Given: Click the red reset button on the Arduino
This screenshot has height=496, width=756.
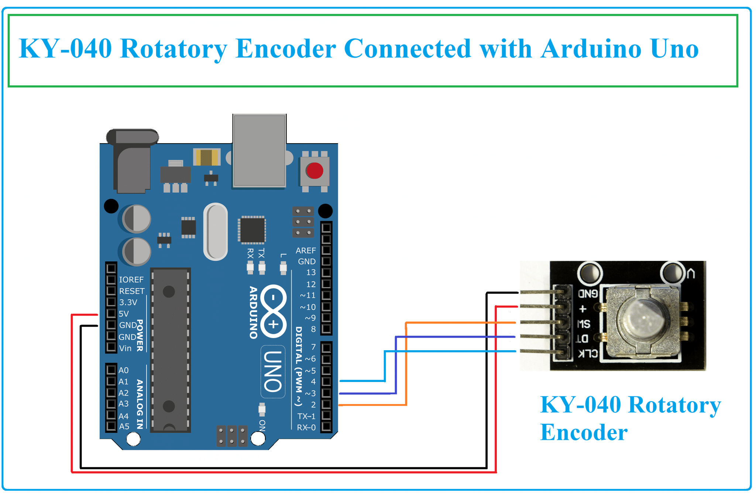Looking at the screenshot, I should [315, 171].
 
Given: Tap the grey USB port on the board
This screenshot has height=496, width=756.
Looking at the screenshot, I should [259, 151].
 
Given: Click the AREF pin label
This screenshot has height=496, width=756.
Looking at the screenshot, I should [306, 251].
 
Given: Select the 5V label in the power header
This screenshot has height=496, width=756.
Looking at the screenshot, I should [124, 314].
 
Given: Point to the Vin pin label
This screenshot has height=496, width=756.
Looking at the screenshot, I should [125, 348].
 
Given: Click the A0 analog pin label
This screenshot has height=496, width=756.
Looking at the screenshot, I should [123, 370].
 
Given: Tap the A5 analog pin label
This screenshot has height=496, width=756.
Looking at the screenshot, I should [124, 427].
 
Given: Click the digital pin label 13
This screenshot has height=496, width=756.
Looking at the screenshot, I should [311, 272].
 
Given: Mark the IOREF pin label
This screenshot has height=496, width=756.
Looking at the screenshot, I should [131, 280].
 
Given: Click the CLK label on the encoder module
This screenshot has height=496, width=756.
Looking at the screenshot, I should [588, 354].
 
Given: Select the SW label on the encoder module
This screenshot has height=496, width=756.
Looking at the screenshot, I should [584, 324].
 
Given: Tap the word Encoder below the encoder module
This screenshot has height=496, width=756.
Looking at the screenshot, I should [584, 432].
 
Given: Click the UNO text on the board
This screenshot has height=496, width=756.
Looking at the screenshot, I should [273, 371].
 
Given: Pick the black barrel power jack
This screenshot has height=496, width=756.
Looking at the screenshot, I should [132, 162].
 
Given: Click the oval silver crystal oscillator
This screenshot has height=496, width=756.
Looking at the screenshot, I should [216, 232].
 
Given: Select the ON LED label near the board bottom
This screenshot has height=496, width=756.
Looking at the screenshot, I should [262, 425].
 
